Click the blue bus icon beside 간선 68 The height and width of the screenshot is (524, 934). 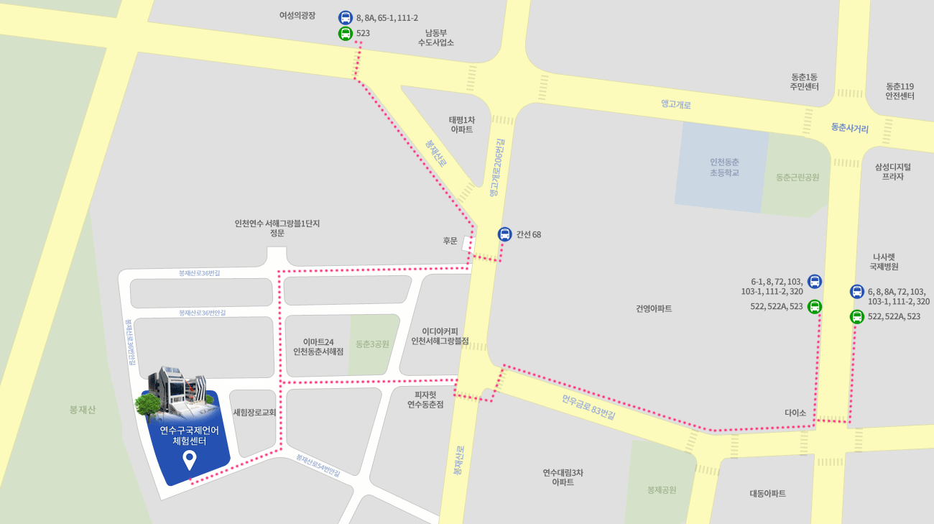[505, 234]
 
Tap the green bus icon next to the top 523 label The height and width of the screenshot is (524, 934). [346, 33]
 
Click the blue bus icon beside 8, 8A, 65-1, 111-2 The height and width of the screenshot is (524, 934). [346, 17]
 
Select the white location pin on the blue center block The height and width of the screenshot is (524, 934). [190, 459]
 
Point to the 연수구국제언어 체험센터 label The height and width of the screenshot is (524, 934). [190, 436]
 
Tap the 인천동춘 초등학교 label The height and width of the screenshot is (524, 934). [724, 167]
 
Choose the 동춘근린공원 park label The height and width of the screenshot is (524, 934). [797, 177]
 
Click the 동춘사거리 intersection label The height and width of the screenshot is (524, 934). [850, 129]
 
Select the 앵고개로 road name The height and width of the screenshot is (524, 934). [676, 104]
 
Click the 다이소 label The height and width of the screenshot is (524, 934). [795, 413]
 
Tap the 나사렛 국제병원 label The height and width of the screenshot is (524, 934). [884, 262]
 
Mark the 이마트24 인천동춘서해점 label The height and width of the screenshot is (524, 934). [318, 346]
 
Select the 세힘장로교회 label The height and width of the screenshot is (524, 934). [255, 413]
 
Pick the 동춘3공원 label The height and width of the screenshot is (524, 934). [372, 344]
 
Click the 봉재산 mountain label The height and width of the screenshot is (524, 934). [83, 410]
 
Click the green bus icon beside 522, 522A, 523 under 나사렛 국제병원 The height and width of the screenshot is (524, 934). [857, 316]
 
